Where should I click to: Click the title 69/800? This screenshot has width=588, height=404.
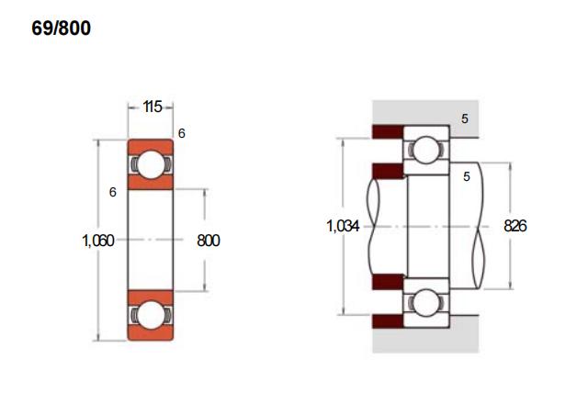coord(62,28)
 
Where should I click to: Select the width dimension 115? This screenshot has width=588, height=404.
coord(153,107)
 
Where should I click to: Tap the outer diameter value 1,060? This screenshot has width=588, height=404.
coord(98,241)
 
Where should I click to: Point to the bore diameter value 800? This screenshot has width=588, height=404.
coord(209,241)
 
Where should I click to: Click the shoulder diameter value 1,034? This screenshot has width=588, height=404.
coord(343,226)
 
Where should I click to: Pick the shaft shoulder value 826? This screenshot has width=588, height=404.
coord(515,226)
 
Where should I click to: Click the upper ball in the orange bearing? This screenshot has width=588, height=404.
coord(151,164)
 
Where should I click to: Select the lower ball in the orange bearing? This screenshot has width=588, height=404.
coord(151,315)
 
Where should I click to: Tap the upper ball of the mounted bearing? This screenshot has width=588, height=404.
coord(426,150)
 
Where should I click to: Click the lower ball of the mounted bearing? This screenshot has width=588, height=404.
coord(426,302)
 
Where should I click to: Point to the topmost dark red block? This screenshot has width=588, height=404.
coord(388,131)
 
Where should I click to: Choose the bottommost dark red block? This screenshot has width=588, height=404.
coord(388,321)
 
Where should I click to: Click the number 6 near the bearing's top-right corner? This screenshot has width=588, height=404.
coord(182,133)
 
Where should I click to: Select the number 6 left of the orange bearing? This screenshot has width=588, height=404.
coord(112,192)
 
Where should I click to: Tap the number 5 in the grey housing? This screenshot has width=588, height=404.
coord(465,118)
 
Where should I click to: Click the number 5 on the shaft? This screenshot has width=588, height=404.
coord(467,176)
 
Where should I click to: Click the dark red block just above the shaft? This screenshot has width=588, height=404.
coord(388,171)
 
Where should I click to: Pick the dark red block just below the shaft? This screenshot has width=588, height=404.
coord(388,282)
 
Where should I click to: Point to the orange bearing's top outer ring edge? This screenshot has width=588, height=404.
coord(151,140)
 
